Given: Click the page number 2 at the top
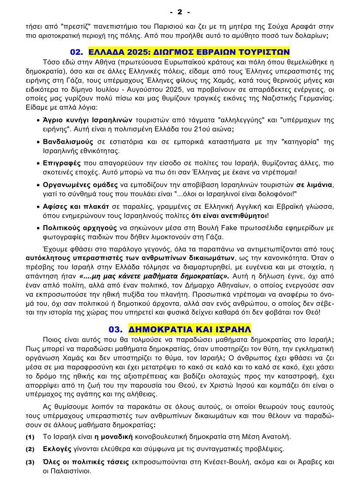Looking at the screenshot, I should (180, 11).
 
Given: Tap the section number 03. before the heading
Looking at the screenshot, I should (116, 329).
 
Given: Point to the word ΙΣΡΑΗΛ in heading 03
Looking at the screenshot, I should (234, 329).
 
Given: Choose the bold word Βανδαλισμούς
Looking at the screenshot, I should (68, 142).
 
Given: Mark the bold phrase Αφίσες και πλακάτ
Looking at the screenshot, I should (72, 206).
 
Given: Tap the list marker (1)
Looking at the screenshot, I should (30, 437).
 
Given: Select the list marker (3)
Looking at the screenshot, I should (30, 462).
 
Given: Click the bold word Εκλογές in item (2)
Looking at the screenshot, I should (57, 449).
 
